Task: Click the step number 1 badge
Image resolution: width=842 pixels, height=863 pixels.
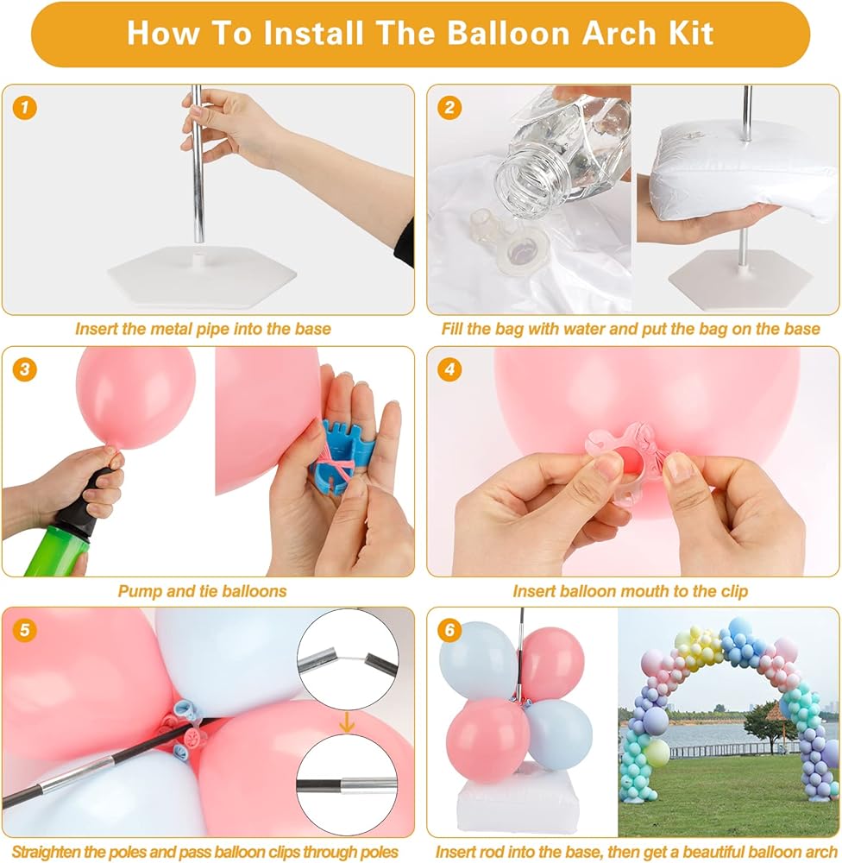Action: click(24, 107)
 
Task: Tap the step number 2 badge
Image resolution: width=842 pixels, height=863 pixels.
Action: click(449, 107)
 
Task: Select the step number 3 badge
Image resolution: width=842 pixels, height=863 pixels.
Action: click(24, 369)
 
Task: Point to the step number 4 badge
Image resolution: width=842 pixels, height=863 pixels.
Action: click(449, 369)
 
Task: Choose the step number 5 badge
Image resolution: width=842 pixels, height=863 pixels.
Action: click(24, 630)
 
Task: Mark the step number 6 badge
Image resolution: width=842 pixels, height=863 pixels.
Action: click(449, 630)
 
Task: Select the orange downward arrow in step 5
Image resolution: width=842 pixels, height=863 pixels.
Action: click(347, 721)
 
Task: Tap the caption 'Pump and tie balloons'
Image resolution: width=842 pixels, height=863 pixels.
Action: click(202, 591)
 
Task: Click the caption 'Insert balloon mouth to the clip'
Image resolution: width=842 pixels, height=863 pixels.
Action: click(630, 591)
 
